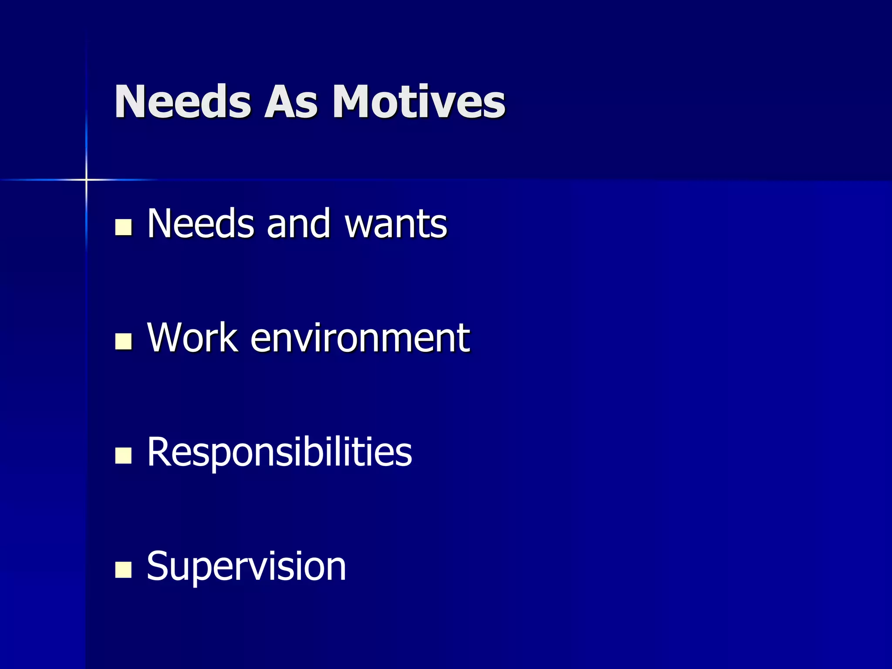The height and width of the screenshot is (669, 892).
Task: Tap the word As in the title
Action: pyautogui.click(x=291, y=102)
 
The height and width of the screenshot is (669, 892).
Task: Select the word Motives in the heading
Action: pyautogui.click(x=419, y=102)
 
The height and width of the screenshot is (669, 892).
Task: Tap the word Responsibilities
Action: pyautogui.click(x=279, y=453)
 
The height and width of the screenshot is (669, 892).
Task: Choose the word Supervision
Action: pyautogui.click(x=247, y=567)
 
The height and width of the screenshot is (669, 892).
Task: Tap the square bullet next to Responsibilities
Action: pyautogui.click(x=123, y=456)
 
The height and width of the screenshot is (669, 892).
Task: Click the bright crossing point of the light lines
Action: pyautogui.click(x=86, y=179)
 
